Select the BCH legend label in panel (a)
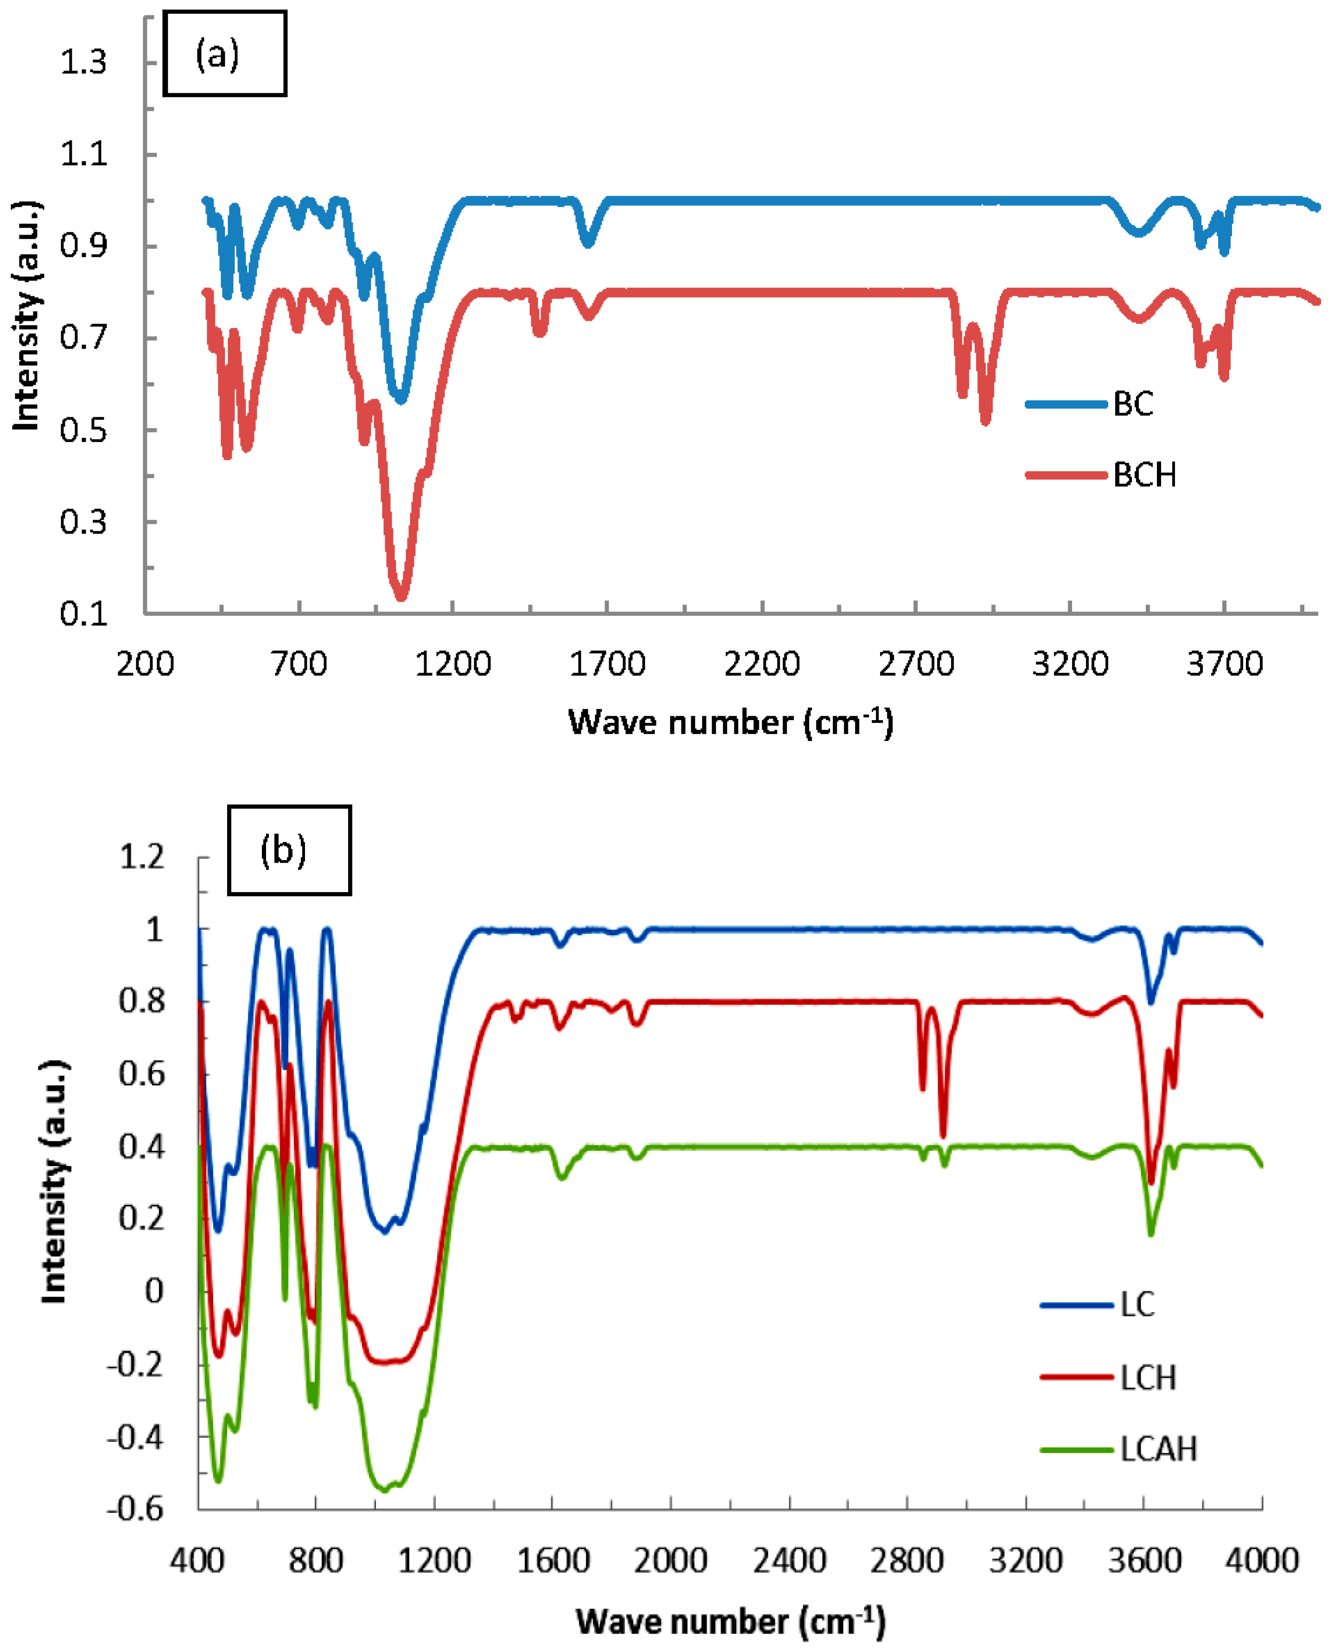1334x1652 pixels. click(x=1144, y=475)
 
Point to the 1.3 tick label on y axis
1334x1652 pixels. click(x=83, y=62)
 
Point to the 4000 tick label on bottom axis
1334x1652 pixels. click(x=1262, y=1561)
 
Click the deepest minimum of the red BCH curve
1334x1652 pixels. click(x=400, y=596)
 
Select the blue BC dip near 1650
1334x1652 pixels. click(x=588, y=243)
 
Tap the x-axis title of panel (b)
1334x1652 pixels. click(x=730, y=1621)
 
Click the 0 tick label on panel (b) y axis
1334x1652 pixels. click(x=154, y=1291)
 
